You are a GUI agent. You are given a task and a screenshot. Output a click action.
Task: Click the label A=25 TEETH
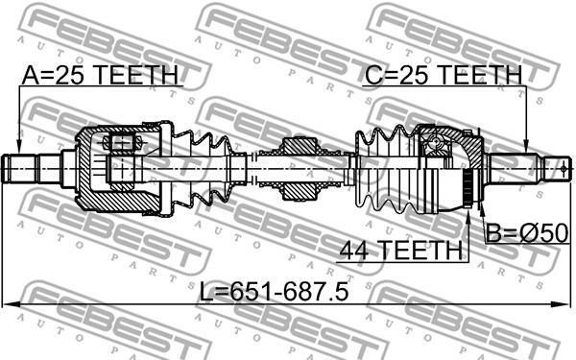[x=100, y=75]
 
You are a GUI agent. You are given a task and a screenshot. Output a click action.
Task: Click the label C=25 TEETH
[x=444, y=75]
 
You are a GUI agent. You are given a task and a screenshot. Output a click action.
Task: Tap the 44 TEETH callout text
[x=400, y=250]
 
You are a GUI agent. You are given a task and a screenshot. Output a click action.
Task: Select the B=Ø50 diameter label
[x=527, y=232]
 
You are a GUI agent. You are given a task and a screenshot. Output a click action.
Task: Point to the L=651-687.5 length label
[x=274, y=292]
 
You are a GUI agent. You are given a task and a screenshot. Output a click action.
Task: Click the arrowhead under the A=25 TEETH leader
[x=19, y=147]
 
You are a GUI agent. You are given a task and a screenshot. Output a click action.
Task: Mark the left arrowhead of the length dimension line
[x=9, y=304]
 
